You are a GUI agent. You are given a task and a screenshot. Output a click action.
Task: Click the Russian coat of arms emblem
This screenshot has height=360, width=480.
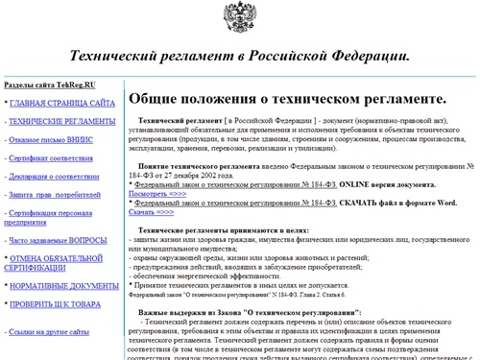241,20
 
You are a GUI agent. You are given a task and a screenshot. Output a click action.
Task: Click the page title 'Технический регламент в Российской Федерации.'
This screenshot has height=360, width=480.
241,58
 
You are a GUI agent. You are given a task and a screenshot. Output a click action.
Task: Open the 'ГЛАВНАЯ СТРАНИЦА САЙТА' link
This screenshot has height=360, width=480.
62,103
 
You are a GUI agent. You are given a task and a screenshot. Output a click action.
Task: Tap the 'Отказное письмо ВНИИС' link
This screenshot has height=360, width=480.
54,141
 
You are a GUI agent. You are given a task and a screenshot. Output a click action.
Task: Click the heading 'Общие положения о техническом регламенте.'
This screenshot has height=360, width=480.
287,99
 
